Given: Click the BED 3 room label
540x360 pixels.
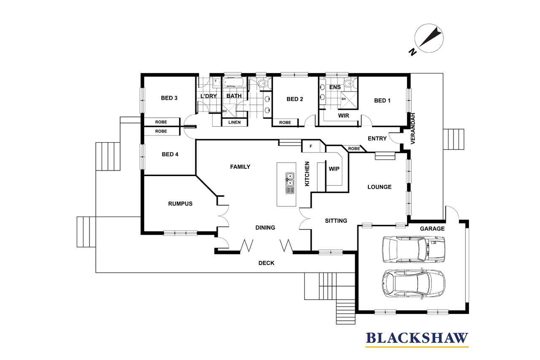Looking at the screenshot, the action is pyautogui.click(x=169, y=98).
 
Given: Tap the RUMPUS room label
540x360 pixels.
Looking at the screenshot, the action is pyautogui.click(x=180, y=204).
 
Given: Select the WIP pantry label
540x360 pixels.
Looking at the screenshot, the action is pyautogui.click(x=334, y=169).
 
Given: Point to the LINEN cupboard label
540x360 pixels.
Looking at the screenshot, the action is pyautogui.click(x=234, y=122).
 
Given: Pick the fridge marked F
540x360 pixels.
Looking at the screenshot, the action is pyautogui.click(x=311, y=146).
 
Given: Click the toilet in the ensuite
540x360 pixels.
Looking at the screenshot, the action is pyautogui.click(x=349, y=83).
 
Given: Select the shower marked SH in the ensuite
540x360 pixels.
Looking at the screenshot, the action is pyautogui.click(x=348, y=100).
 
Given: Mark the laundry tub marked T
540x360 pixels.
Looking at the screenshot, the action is pyautogui.click(x=217, y=82).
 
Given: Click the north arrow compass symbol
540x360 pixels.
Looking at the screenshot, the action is pyautogui.click(x=429, y=38).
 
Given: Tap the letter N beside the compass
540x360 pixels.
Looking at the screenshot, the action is pyautogui.click(x=413, y=52).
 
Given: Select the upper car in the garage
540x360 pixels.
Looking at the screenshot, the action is pyautogui.click(x=413, y=249).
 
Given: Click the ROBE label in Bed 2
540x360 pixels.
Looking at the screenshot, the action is pyautogui.click(x=285, y=122).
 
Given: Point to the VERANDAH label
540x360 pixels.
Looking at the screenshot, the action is pyautogui.click(x=413, y=129).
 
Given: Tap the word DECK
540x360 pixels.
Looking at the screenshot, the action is pyautogui.click(x=266, y=263).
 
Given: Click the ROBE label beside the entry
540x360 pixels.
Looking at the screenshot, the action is pyautogui.click(x=354, y=149).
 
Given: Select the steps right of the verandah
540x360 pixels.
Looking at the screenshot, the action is pyautogui.click(x=454, y=139).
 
